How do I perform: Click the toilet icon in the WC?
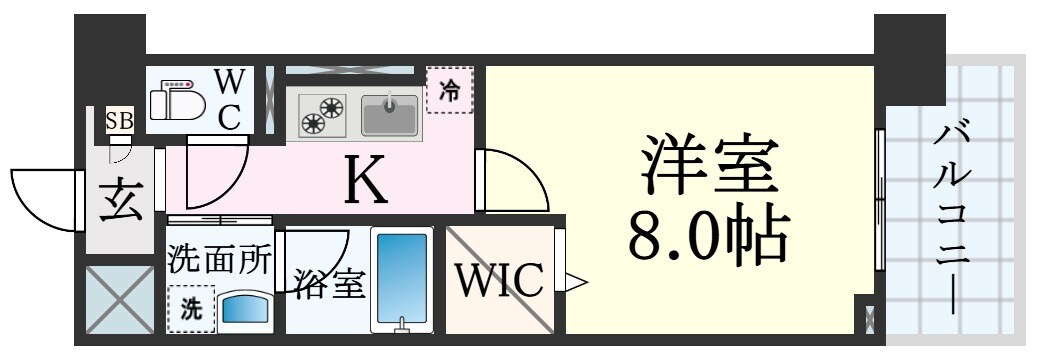click(177, 100)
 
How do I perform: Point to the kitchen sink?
click(389, 114)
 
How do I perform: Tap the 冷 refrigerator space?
click(450, 90)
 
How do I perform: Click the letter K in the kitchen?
click(365, 181)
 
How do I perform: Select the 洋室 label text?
click(709, 165)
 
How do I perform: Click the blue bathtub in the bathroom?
click(401, 280)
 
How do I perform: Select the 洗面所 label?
click(219, 260)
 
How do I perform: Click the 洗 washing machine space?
click(190, 310)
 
